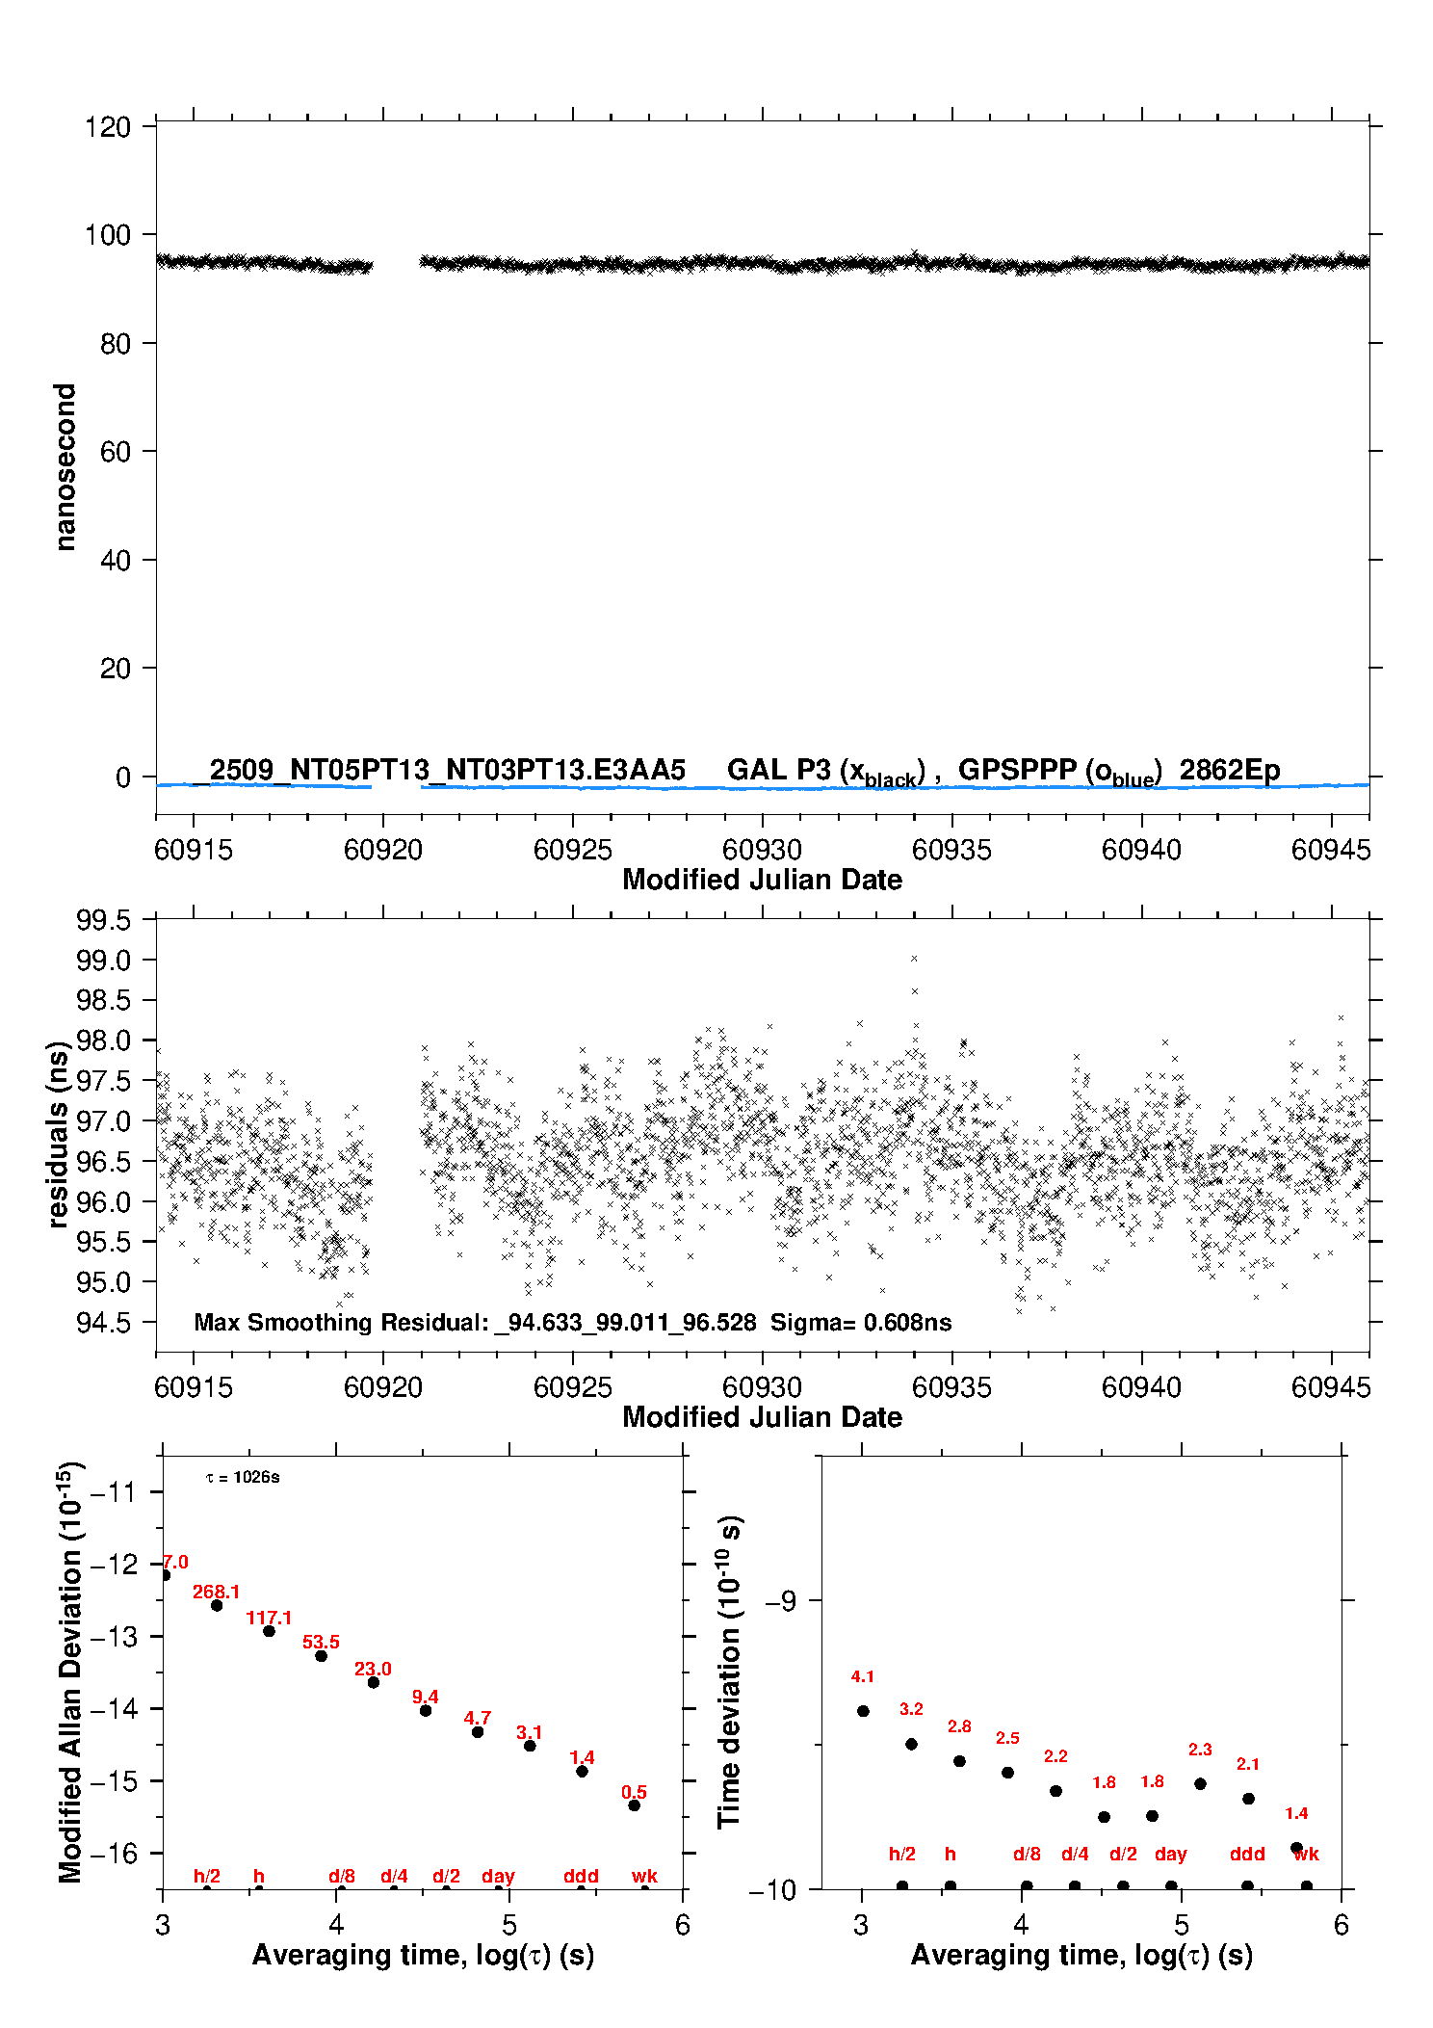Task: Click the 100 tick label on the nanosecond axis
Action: tap(107, 235)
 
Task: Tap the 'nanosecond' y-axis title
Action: tap(65, 466)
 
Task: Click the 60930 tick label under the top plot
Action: tap(762, 850)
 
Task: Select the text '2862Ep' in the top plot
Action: tap(1229, 770)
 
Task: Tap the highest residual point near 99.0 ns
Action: tap(914, 959)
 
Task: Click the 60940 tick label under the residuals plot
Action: tap(1141, 1387)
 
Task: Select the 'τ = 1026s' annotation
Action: tap(243, 1478)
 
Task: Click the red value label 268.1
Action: tap(216, 1592)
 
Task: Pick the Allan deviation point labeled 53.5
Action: tap(321, 1655)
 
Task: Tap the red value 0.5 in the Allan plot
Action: tap(634, 1792)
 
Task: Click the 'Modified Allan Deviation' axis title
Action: tap(70, 1672)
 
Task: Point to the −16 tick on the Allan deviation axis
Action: tap(113, 1853)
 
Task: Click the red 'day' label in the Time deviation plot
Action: tap(1170, 1854)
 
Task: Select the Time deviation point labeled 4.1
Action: tap(863, 1711)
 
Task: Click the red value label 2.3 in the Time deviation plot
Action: tap(1200, 1750)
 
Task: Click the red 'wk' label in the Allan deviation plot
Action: tap(644, 1876)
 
